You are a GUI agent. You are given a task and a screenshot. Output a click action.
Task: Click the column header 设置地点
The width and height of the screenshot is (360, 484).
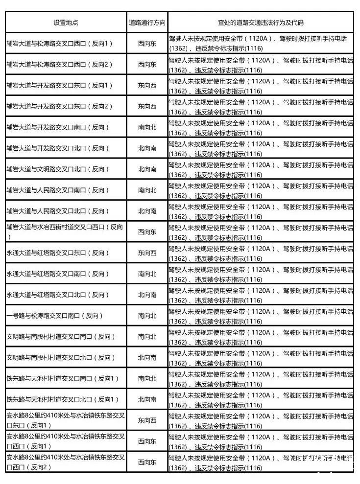[x=66, y=23]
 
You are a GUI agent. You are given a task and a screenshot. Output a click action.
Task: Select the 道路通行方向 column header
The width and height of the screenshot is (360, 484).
[x=147, y=23]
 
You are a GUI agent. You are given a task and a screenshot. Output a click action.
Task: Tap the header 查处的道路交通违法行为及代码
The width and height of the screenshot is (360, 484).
[x=260, y=23]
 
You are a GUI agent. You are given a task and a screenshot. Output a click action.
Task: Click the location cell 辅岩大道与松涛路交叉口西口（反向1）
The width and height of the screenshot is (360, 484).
[x=60, y=43]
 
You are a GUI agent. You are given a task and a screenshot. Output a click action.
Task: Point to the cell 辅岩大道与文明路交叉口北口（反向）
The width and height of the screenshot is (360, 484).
[x=58, y=169]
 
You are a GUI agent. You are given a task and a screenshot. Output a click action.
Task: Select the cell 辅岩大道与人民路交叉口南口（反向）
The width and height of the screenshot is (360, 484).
[x=58, y=190]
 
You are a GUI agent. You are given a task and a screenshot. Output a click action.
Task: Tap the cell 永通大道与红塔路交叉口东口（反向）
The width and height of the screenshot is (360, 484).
[x=58, y=253]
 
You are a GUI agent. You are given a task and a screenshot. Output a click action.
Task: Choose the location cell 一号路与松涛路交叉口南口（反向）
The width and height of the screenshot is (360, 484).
[x=55, y=316]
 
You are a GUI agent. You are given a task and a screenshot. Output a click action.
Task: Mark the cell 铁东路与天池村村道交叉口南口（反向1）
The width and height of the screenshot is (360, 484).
[x=63, y=378]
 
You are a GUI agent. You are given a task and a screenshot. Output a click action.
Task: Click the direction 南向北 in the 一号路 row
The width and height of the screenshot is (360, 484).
[x=147, y=316]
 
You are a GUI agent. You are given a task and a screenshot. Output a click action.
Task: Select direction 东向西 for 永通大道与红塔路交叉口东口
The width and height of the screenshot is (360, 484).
[x=147, y=253]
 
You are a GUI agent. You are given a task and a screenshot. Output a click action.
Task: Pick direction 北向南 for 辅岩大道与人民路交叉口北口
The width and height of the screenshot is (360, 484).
[x=147, y=211]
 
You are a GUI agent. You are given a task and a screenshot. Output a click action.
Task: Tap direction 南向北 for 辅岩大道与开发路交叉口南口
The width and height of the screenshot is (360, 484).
[x=147, y=127]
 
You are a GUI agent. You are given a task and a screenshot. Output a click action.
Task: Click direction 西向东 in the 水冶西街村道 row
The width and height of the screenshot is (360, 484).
[x=147, y=231]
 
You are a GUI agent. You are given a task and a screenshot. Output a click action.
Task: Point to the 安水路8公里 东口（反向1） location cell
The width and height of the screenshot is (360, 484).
[x=66, y=420]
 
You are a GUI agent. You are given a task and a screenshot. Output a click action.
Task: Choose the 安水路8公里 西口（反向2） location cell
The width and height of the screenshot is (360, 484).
[x=66, y=462]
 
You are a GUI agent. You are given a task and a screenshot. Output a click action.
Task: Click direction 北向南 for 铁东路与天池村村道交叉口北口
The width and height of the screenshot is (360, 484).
[x=147, y=399]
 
